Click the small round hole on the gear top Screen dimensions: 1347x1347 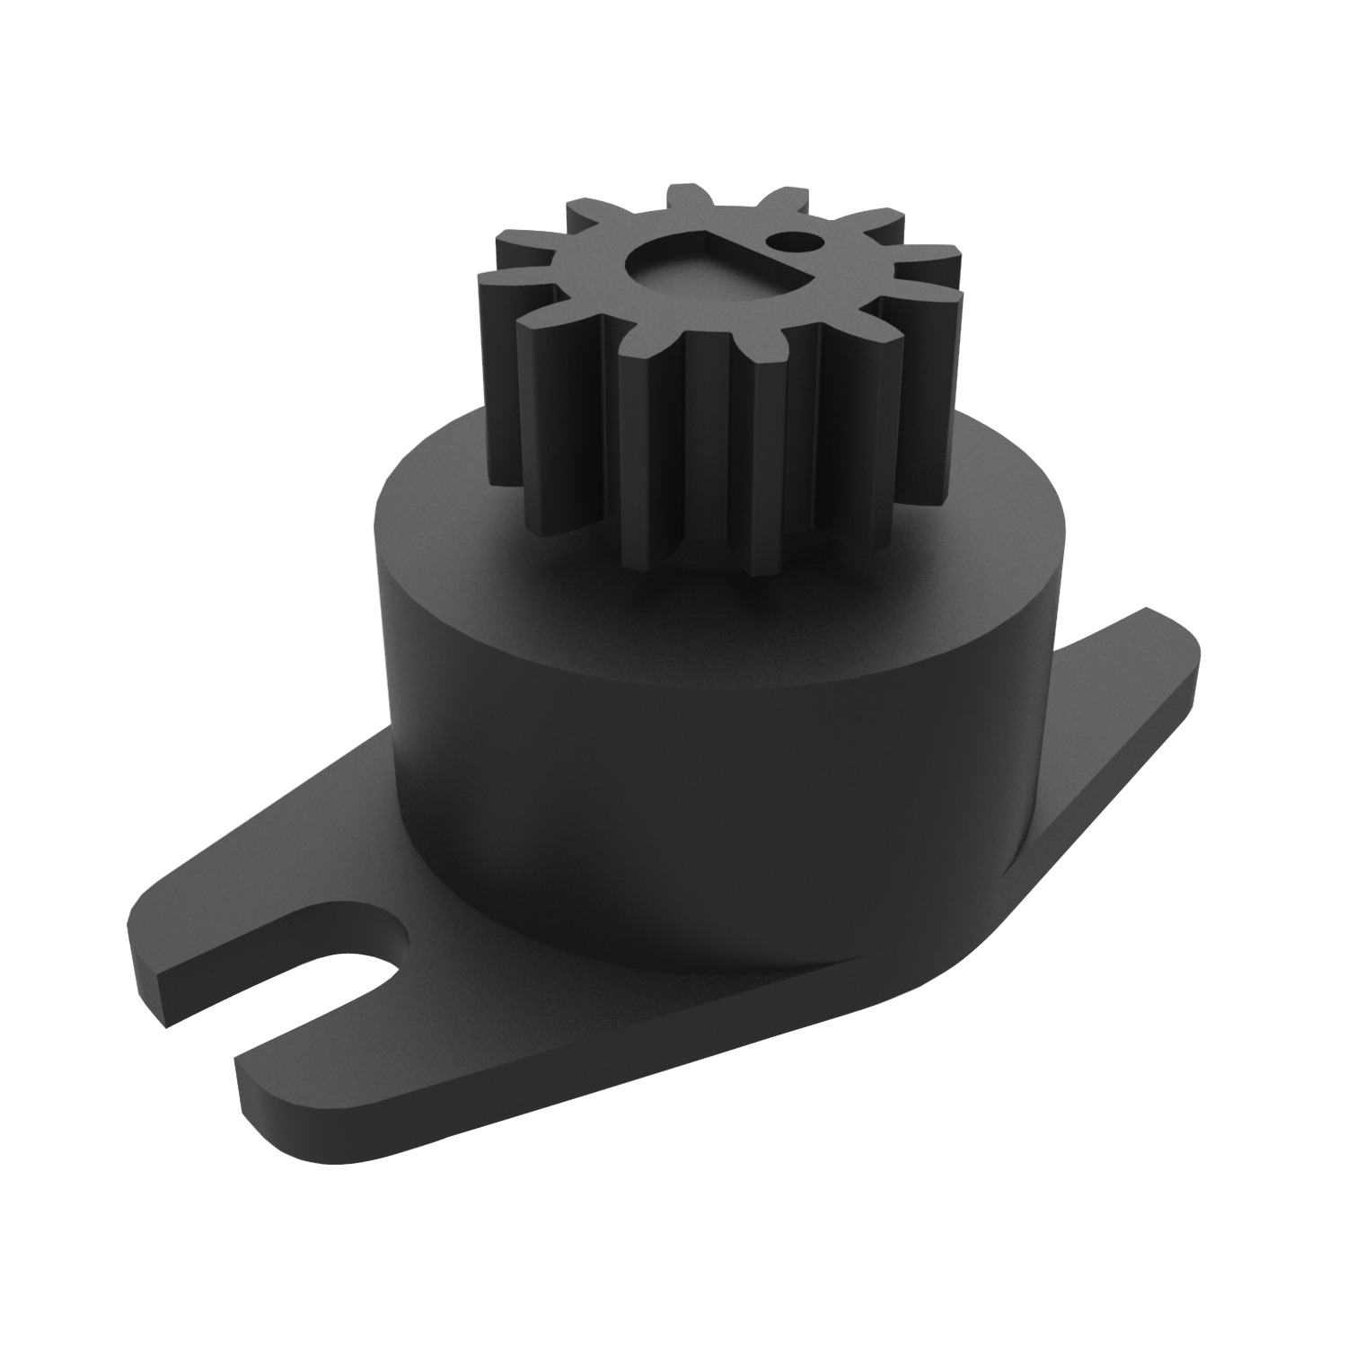point(791,240)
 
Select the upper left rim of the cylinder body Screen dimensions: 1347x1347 point(404,467)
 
